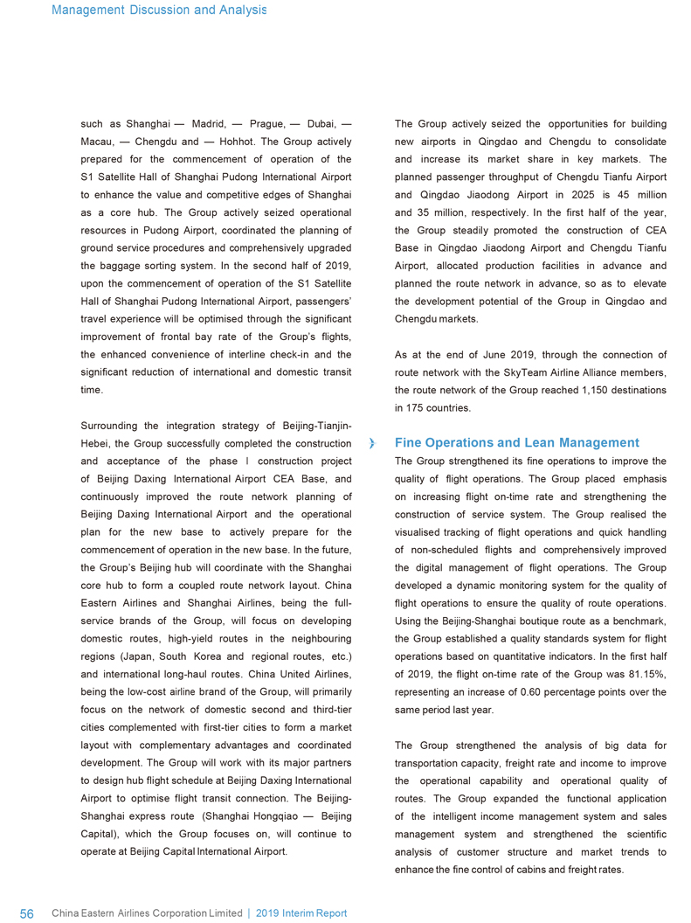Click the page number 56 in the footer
click(26, 913)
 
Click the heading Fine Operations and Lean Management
click(517, 443)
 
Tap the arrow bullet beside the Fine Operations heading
click(374, 444)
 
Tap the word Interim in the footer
click(300, 913)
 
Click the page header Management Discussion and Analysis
click(159, 10)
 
